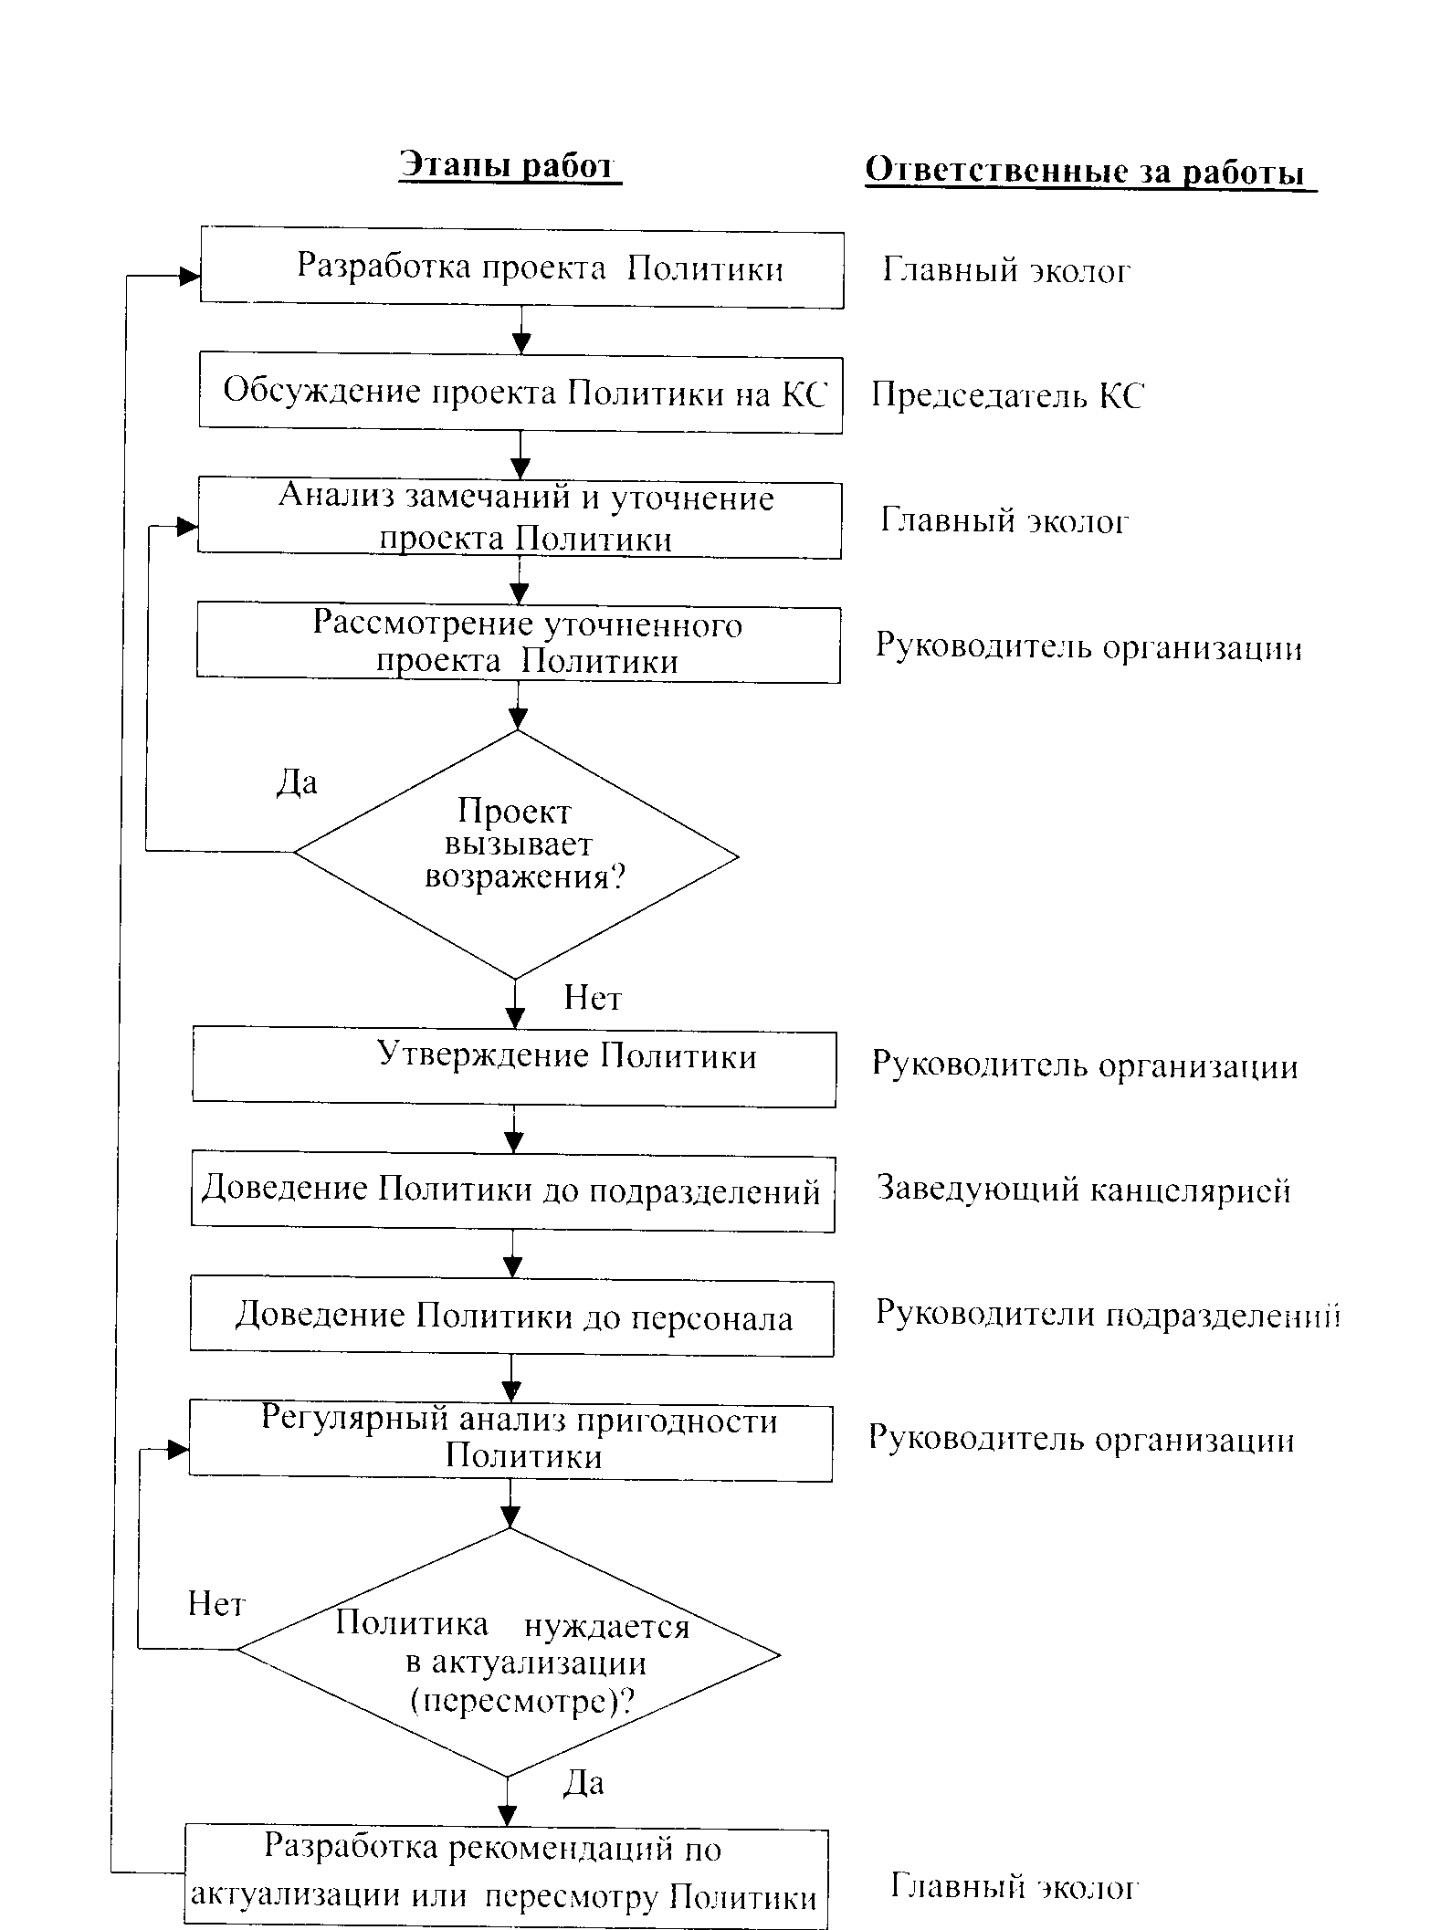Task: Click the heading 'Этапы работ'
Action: (x=510, y=167)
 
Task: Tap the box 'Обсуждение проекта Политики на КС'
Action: (x=520, y=393)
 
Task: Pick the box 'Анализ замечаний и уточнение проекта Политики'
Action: (x=520, y=519)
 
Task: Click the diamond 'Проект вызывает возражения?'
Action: (x=516, y=855)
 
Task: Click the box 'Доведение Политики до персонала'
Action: (x=512, y=1316)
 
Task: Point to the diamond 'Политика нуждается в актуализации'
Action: (x=509, y=1653)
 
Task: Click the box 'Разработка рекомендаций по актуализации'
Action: (x=507, y=1874)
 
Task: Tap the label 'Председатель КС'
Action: (x=1006, y=395)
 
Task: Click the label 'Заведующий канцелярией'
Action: (x=1084, y=1191)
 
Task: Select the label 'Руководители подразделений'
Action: (x=1108, y=1315)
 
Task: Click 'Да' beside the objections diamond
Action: (x=297, y=782)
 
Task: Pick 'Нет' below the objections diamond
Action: (x=593, y=997)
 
